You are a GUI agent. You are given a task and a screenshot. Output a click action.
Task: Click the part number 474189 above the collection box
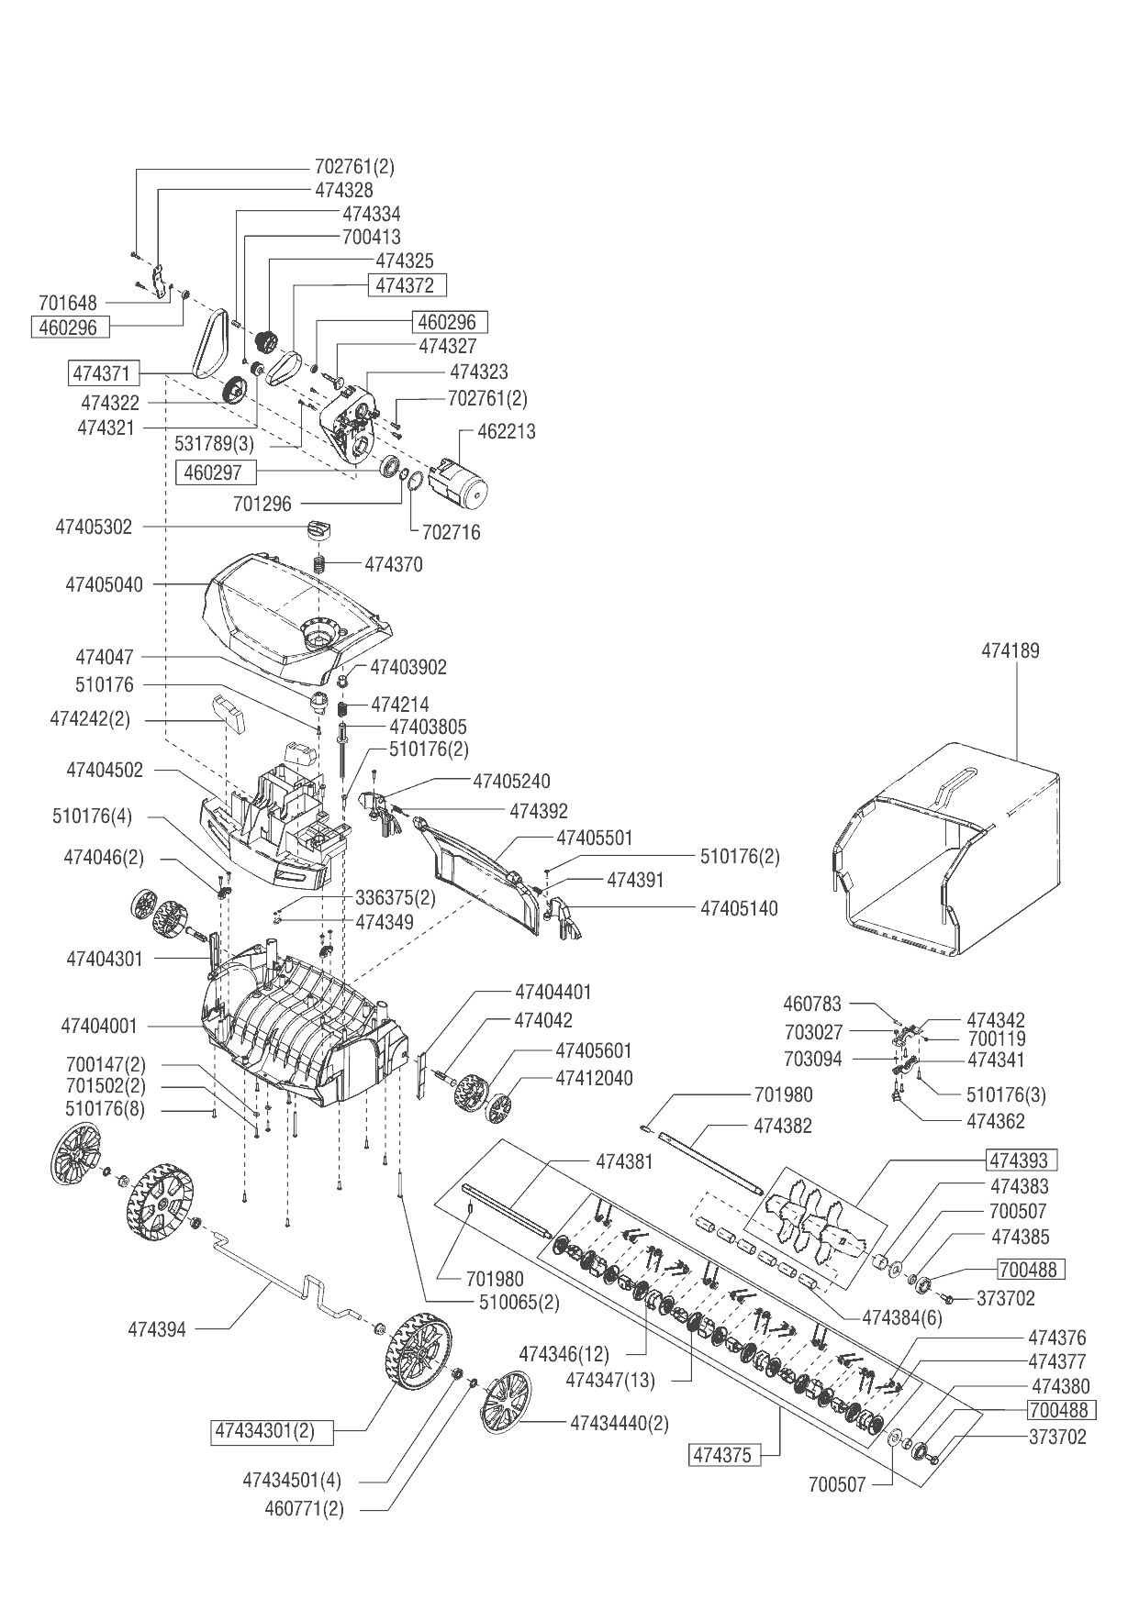point(1011,651)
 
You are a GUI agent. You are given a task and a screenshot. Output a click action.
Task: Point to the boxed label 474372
point(407,285)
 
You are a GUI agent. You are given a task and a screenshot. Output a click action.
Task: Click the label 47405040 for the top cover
point(105,584)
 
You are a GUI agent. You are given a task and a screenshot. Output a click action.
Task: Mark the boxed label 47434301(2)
point(272,1430)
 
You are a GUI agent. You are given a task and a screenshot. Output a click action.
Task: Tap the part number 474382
point(783,1126)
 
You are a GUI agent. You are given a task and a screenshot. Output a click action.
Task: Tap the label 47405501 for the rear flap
point(595,838)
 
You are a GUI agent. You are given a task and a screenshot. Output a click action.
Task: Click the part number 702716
point(451,532)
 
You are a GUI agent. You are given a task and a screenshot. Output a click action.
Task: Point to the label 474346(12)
point(564,1353)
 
